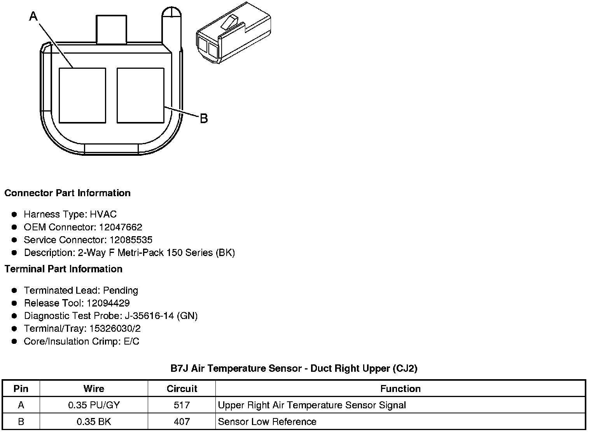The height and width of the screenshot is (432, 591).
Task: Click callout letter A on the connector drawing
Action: (33, 16)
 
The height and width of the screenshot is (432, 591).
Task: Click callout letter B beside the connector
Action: (204, 118)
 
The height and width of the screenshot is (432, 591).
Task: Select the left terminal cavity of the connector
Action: (82, 96)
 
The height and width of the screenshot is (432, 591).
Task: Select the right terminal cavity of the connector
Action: (140, 96)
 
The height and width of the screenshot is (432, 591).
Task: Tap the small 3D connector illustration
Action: (234, 33)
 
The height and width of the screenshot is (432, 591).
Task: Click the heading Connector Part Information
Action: (68, 193)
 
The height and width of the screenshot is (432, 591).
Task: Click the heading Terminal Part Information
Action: (64, 269)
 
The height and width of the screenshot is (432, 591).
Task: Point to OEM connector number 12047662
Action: (121, 227)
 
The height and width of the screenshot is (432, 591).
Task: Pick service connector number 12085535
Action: (131, 240)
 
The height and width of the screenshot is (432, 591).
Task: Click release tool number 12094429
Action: (108, 303)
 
